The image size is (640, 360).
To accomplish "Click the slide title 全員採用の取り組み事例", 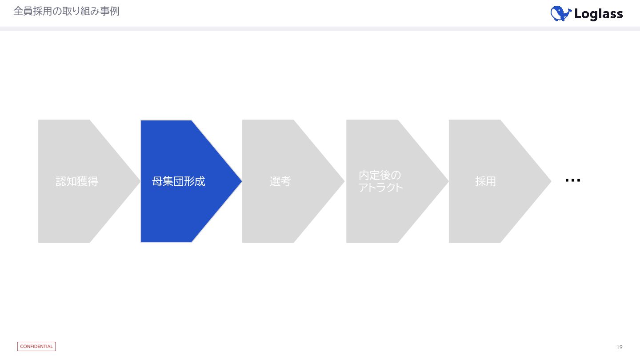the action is point(66,12).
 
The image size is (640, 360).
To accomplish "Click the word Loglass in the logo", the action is point(598,14).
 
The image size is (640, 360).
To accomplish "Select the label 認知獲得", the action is point(77,181).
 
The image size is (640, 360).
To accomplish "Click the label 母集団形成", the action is point(179,181).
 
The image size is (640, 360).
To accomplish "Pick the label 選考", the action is point(280,181).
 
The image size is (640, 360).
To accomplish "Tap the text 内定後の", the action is point(380,175).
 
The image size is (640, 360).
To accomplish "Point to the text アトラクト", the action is point(380,187).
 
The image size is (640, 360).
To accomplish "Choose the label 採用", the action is point(485,181).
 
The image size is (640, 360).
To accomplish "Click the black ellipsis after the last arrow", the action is point(572,180).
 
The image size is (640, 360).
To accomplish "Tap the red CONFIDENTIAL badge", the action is point(36,346).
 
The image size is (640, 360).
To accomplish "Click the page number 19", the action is point(620,347).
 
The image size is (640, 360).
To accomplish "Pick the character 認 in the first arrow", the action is point(60,181).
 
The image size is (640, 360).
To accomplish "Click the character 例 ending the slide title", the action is point(115,12).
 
